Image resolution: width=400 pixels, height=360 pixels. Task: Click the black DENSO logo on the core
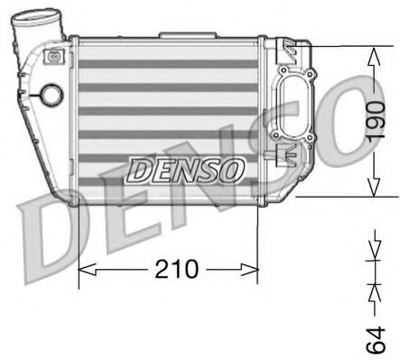185,168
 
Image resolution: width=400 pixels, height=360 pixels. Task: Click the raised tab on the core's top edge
172,36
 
